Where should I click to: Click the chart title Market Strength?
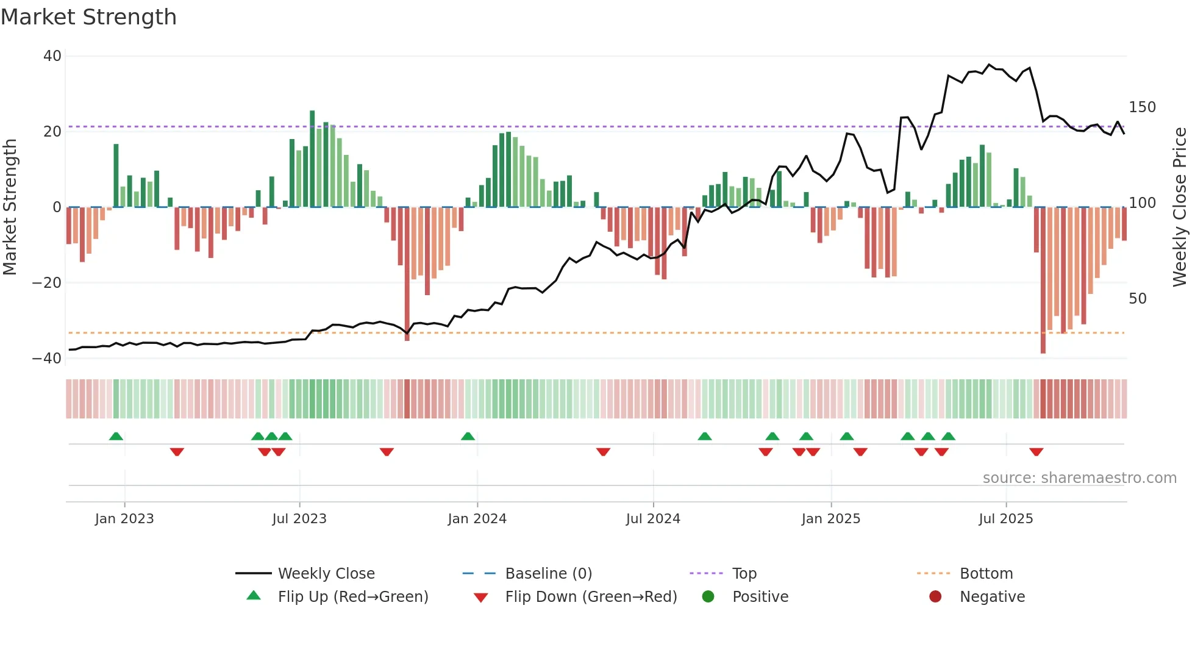click(x=88, y=17)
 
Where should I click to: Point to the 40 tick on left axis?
click(x=52, y=56)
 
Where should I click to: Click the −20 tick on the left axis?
click(x=47, y=283)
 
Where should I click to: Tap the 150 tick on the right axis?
click(x=1142, y=107)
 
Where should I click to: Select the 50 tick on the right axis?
click(x=1137, y=299)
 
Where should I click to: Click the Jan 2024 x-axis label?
click(x=477, y=519)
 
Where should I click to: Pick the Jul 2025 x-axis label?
click(x=1005, y=519)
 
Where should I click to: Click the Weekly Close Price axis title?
click(x=1180, y=207)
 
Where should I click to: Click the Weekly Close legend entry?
click(x=326, y=574)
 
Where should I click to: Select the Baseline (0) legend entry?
click(x=548, y=574)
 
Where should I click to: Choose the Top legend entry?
click(x=744, y=574)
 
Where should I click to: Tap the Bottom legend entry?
click(x=986, y=574)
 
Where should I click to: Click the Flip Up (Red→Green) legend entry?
click(x=352, y=597)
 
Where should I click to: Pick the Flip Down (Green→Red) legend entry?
click(x=591, y=597)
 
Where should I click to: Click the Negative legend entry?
click(x=992, y=597)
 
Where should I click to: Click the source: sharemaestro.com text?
click(x=1079, y=478)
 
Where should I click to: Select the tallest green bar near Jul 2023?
click(x=312, y=159)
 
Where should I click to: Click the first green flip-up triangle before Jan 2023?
click(x=116, y=436)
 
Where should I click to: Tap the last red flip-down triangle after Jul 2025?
click(x=1036, y=452)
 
